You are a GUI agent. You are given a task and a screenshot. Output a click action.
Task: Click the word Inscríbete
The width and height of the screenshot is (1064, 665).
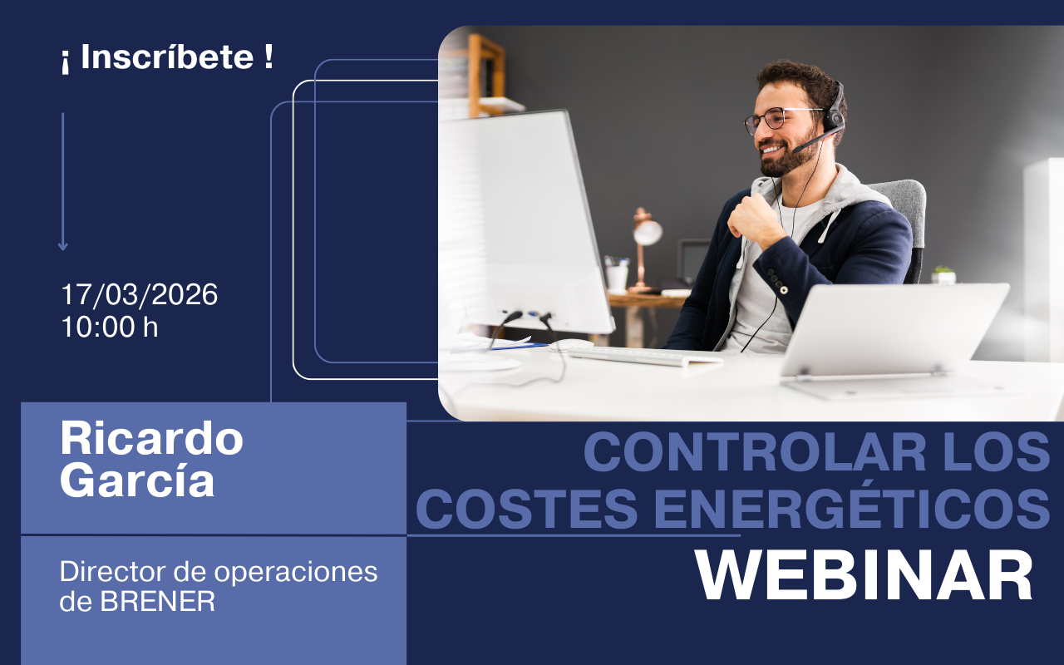pos(167,57)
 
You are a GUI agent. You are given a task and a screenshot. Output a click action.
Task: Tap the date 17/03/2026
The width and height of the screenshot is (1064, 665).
pos(140,294)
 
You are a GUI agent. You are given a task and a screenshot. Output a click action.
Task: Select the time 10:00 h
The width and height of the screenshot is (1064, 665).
pos(110,327)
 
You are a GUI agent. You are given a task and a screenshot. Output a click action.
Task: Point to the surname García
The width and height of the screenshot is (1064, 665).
pos(137,480)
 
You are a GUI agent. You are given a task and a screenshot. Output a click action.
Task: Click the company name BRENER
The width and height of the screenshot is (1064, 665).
pos(158,601)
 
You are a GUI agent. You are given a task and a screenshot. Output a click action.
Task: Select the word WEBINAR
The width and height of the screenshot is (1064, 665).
pos(864,576)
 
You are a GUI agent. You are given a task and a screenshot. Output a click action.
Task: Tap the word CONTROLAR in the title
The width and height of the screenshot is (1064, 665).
pos(755,451)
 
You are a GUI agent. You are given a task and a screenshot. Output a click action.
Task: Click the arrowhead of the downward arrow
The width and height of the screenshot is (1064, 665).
pos(62,247)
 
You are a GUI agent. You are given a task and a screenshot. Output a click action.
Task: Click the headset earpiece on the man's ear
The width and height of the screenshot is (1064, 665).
pos(834,116)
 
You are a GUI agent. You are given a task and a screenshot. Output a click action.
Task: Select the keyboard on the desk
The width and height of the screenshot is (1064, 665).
pos(643,356)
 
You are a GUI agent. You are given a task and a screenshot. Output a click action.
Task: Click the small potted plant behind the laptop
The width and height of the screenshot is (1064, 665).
pos(943,275)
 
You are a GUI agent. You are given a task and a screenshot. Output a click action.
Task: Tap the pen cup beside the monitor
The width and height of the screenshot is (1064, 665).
pos(617,274)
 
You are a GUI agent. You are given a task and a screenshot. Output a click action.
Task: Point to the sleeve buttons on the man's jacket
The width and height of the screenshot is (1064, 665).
pos(776,281)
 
